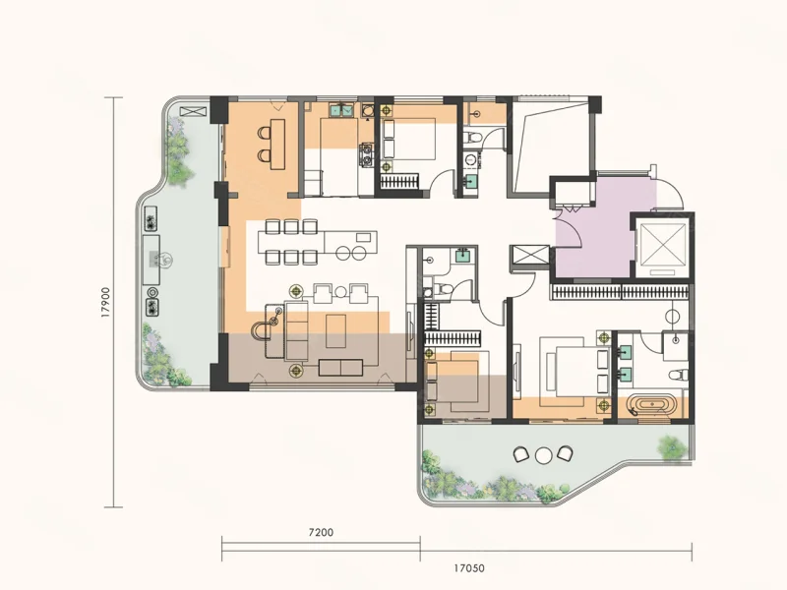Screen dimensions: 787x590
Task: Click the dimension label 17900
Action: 105,303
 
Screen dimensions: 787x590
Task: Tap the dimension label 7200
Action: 321,532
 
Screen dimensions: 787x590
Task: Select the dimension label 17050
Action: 469,568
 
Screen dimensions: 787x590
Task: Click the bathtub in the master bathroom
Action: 651,404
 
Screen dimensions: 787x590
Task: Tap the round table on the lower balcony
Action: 544,455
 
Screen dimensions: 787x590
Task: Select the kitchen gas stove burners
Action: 366,155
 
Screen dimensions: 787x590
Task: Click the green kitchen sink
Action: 342,109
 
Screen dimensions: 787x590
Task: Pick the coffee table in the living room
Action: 335,331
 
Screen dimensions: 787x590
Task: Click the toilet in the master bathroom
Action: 677,375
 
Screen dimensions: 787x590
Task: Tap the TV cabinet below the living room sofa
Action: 340,368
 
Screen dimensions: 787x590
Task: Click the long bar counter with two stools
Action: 277,144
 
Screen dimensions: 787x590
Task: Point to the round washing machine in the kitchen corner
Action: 367,109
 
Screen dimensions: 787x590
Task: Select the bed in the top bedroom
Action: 409,139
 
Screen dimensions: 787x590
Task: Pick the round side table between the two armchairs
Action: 340,292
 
